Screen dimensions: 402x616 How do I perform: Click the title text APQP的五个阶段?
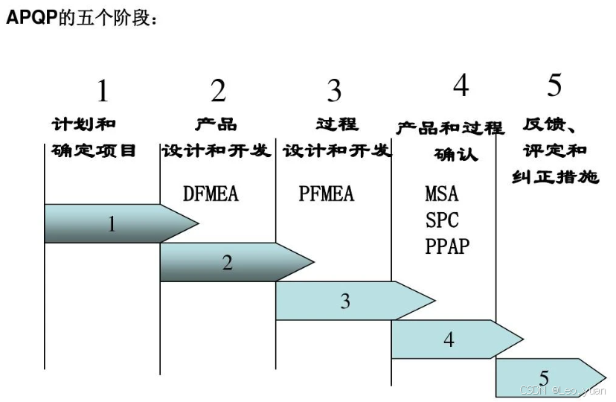coord(82,17)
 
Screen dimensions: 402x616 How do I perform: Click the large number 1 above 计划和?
coord(102,92)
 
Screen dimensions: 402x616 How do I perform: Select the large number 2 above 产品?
coord(218,92)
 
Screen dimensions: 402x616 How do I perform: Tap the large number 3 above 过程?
coord(334,92)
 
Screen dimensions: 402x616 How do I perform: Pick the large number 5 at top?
coord(554,86)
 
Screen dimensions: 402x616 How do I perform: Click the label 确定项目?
coord(94,151)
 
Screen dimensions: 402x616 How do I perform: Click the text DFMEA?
coord(211,194)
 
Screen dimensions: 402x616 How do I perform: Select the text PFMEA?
coord(327,194)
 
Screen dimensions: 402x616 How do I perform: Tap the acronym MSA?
coord(442,194)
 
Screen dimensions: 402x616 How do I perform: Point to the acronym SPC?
coord(443,220)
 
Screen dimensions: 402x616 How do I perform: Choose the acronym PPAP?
coord(448,246)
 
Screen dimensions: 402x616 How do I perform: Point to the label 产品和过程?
coord(449,128)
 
